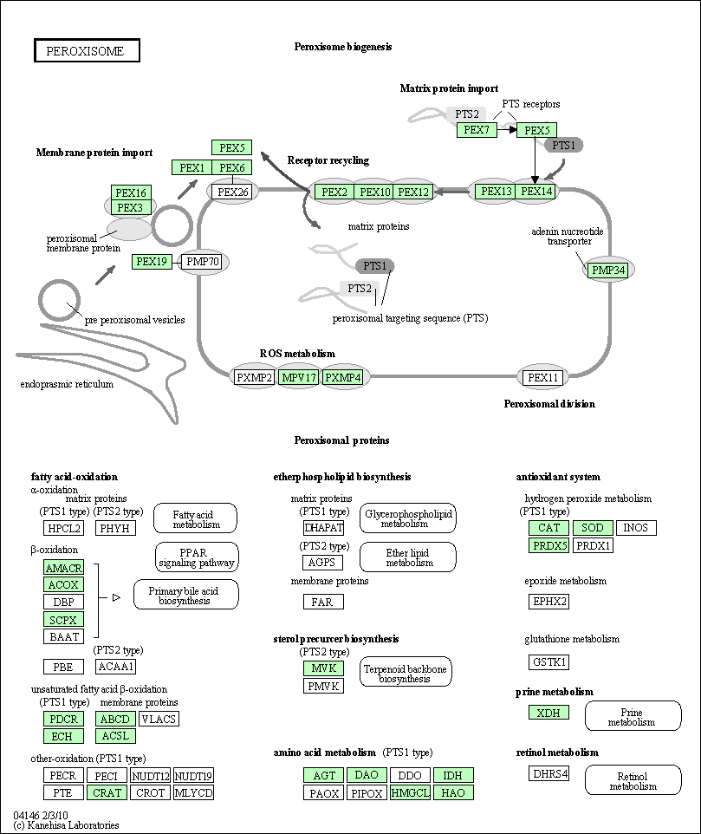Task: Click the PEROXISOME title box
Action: point(87,51)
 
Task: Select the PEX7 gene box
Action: point(477,130)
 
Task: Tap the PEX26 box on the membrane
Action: point(232,192)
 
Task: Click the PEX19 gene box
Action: point(152,262)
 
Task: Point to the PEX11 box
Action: point(543,377)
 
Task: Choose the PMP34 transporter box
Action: point(607,270)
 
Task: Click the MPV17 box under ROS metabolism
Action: point(299,377)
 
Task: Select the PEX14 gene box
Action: point(536,192)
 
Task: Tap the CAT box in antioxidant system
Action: point(548,528)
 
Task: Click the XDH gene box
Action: point(548,713)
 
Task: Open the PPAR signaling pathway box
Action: point(197,557)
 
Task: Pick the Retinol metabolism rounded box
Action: point(633,781)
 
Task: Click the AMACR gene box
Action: point(63,568)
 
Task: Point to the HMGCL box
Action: point(410,792)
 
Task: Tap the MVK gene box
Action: point(323,668)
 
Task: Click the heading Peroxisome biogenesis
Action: point(343,47)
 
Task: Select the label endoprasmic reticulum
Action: point(67,384)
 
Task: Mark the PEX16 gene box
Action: point(132,192)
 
